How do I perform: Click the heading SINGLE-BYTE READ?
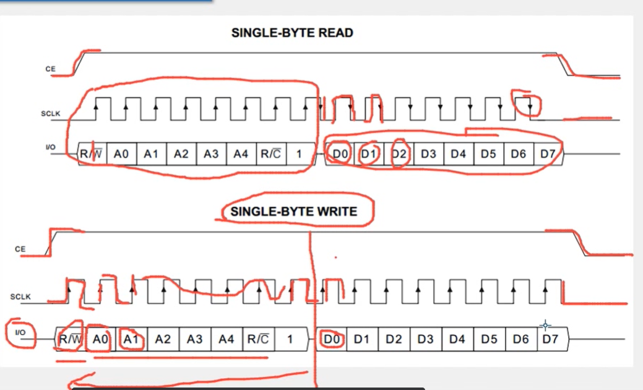(292, 33)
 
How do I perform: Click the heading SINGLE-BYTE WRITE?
(294, 212)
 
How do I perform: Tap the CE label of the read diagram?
(50, 69)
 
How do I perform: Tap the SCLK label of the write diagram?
(20, 297)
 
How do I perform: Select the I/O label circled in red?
(20, 333)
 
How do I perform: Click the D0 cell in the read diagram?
(339, 154)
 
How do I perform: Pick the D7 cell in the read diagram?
(548, 154)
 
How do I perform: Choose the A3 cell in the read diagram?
(211, 154)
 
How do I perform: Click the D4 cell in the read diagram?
(458, 154)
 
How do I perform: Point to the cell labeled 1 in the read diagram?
(298, 154)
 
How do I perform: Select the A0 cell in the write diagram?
(100, 339)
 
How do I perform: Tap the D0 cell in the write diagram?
(332, 339)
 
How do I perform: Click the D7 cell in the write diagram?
(550, 339)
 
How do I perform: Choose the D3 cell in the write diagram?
(425, 339)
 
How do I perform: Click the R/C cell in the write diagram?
(258, 339)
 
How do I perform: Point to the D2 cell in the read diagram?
(399, 154)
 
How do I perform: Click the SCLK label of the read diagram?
(50, 114)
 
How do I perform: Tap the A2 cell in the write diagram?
(163, 339)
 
